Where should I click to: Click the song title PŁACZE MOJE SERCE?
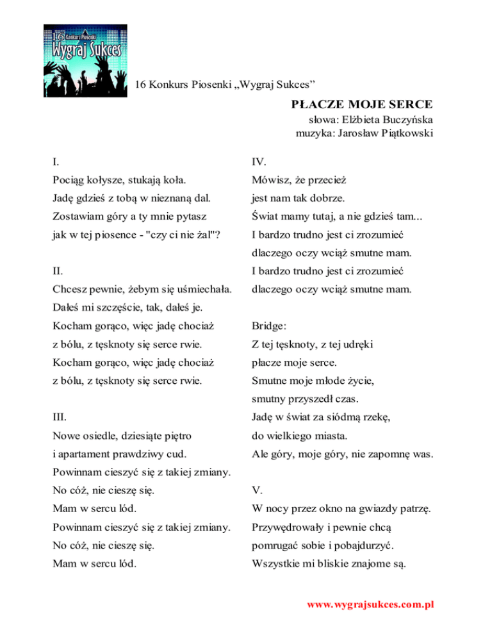pyautogui.click(x=362, y=104)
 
